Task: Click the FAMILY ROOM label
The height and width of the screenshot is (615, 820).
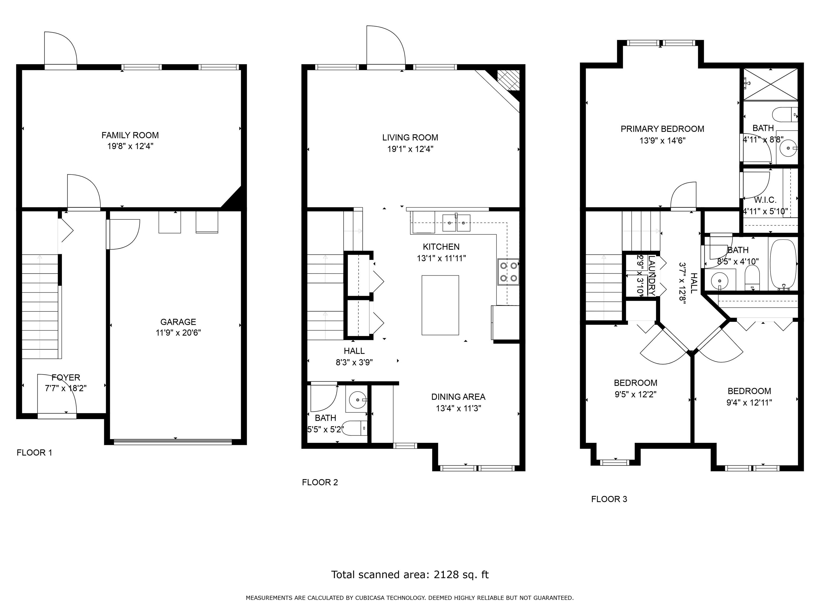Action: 130,135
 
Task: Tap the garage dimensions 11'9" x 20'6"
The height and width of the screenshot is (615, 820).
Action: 178,333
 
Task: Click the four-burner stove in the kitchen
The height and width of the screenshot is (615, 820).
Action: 508,271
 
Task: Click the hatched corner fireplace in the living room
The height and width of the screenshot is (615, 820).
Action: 508,80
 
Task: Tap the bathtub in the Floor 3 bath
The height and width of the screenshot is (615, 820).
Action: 783,265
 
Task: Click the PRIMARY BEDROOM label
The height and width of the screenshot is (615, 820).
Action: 662,129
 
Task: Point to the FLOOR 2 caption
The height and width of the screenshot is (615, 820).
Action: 320,482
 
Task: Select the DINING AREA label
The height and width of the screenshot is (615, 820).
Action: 458,397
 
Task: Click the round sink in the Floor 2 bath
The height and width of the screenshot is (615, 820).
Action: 357,400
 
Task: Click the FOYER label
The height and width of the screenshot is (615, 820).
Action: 66,377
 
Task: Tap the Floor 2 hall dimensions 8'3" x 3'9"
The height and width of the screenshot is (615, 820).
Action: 354,362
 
